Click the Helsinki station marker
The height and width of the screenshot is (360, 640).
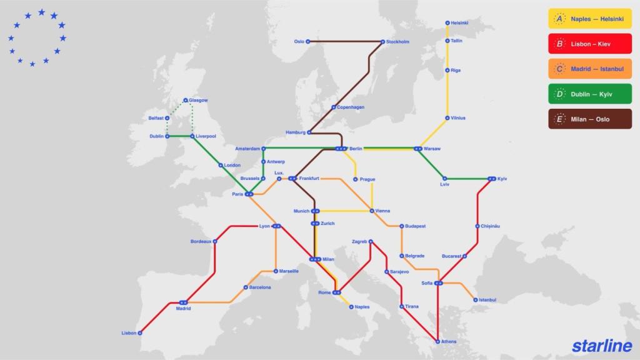coord(447,23)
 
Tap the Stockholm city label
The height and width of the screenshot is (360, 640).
coord(398,42)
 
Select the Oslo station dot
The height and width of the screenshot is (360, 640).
coord(307,42)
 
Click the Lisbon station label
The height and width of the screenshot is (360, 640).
coord(129,333)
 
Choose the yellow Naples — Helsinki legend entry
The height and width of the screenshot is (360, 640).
coord(590,19)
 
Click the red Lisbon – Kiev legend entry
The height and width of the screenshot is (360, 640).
coord(590,44)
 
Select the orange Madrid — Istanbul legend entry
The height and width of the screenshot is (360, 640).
coord(590,69)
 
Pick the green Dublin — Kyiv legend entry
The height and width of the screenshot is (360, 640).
coord(590,94)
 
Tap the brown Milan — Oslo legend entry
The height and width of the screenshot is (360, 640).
coord(590,119)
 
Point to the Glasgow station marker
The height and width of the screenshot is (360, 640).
coord(186,100)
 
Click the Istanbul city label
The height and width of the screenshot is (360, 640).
coord(487,300)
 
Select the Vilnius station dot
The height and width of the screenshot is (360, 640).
coord(447,117)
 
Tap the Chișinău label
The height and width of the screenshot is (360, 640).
coord(491,226)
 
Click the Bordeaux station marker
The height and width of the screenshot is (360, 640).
coord(215,241)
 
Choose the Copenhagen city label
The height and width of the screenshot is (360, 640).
coord(351,107)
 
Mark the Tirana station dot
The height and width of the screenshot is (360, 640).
coord(401,306)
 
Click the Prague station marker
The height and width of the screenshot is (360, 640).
coord(356,179)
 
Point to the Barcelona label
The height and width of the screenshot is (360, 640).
coord(260,287)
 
